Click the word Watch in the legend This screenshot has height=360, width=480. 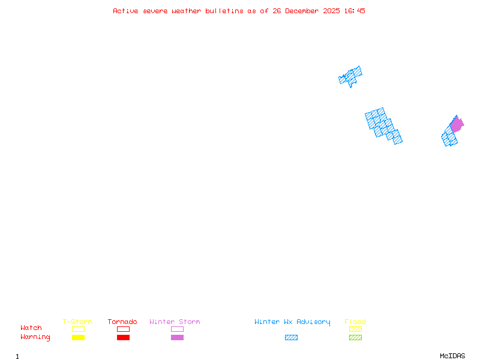[x=31, y=328]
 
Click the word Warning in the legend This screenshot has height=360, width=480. [x=35, y=337]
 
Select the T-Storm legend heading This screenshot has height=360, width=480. [x=77, y=322]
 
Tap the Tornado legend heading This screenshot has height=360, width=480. [x=122, y=322]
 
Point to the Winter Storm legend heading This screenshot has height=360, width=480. [x=175, y=322]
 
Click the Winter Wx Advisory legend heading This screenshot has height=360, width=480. [x=292, y=322]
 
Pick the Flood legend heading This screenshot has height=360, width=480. [x=355, y=322]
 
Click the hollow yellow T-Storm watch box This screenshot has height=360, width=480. [x=78, y=329]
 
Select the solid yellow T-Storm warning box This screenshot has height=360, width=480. [x=78, y=337]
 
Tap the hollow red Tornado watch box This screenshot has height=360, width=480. [x=123, y=329]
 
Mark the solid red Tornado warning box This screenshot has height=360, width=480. [x=123, y=337]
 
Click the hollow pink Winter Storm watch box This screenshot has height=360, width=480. [x=177, y=329]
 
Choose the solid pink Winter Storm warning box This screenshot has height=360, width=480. [x=177, y=337]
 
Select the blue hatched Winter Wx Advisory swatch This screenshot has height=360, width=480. [x=291, y=337]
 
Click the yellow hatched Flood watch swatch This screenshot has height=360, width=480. [x=355, y=329]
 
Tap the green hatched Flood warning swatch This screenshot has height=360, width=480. [x=355, y=337]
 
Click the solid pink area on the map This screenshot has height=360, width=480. [x=457, y=125]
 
